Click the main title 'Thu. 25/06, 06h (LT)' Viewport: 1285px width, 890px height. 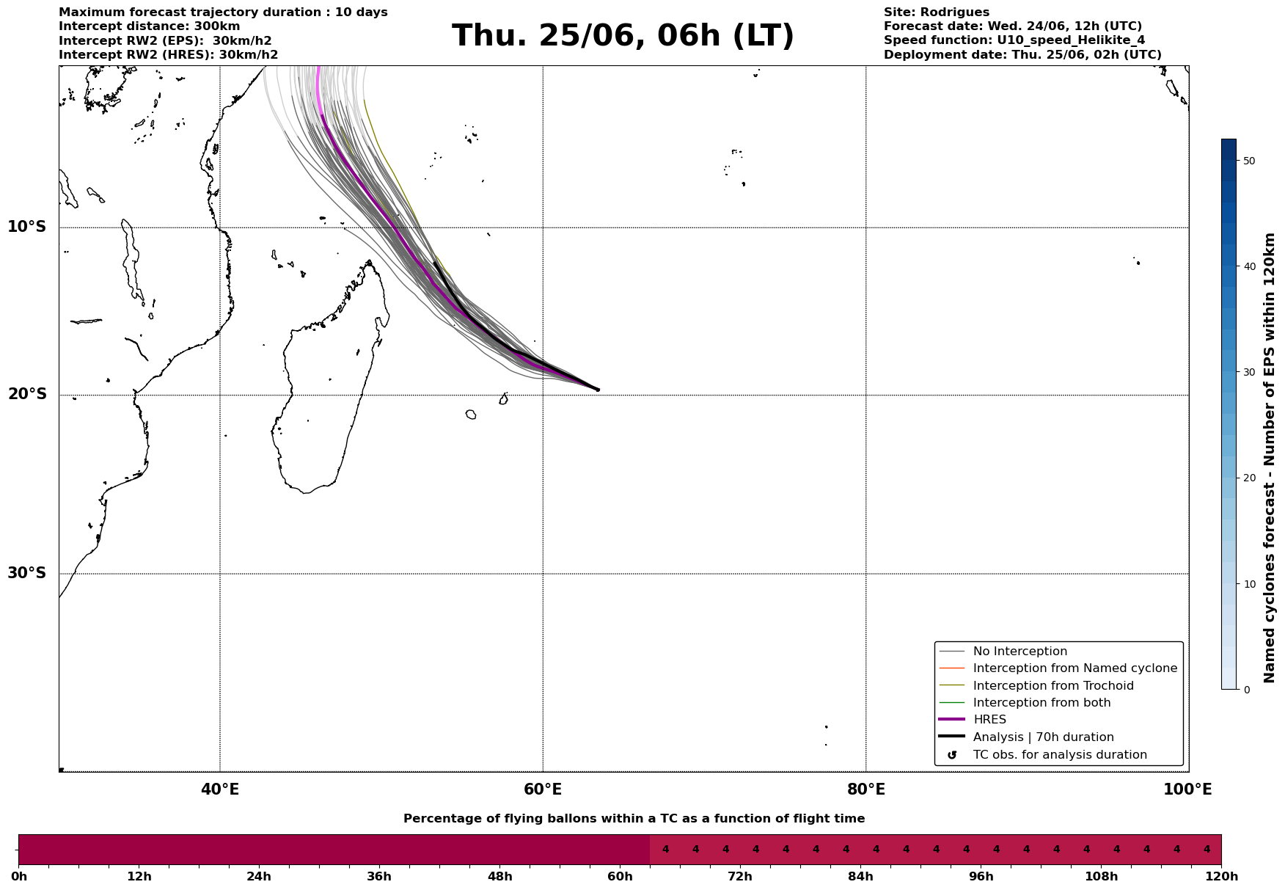[623, 36]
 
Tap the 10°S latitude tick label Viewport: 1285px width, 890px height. [27, 227]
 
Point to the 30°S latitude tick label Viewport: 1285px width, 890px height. [27, 573]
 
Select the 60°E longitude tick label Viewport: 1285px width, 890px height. [543, 789]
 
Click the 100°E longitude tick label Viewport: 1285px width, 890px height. [1187, 789]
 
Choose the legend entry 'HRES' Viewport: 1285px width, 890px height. [989, 720]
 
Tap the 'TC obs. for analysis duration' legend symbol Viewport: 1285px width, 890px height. [952, 755]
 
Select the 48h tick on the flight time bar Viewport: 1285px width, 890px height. [499, 876]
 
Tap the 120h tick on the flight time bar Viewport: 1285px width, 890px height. [1221, 876]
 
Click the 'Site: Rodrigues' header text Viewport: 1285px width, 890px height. [936, 12]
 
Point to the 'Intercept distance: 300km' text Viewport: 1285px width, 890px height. [150, 26]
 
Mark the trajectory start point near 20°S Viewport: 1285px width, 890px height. [598, 390]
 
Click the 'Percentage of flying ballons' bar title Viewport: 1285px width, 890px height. [634, 819]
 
